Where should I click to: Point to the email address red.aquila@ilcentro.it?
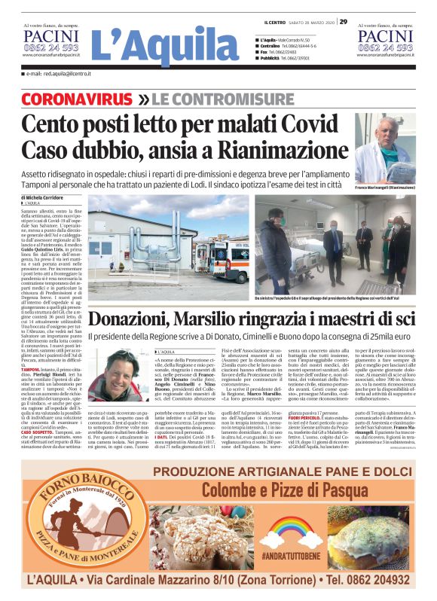pyautogui.click(x=60, y=75)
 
